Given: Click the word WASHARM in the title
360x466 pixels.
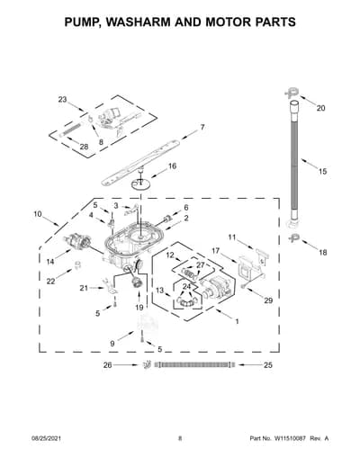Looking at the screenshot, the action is [138, 22].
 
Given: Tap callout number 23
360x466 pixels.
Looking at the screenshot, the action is [62, 100].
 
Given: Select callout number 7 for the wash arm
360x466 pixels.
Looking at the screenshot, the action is [202, 127].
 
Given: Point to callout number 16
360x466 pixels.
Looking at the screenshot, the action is [172, 166].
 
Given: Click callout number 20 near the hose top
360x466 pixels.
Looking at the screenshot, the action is [320, 108].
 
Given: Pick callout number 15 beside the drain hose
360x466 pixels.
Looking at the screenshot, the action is [322, 172].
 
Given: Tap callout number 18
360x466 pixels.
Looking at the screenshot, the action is [322, 253].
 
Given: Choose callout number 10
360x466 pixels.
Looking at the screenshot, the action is [38, 214].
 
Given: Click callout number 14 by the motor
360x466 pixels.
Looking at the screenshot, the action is [50, 262].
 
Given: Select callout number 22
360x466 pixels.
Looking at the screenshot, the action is [50, 282].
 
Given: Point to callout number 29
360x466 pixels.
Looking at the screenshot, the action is [268, 300].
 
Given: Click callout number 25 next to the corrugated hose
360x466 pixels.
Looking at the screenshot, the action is [268, 365].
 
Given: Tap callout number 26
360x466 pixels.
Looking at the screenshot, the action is [108, 365].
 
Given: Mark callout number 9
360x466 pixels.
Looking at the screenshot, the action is [112, 344].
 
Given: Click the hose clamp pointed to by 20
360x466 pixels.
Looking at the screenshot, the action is [292, 93].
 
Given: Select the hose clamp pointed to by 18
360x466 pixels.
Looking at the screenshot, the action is [293, 238].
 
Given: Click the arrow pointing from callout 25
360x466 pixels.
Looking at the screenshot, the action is [248, 365].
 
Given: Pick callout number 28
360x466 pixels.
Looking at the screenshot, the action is [85, 147].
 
